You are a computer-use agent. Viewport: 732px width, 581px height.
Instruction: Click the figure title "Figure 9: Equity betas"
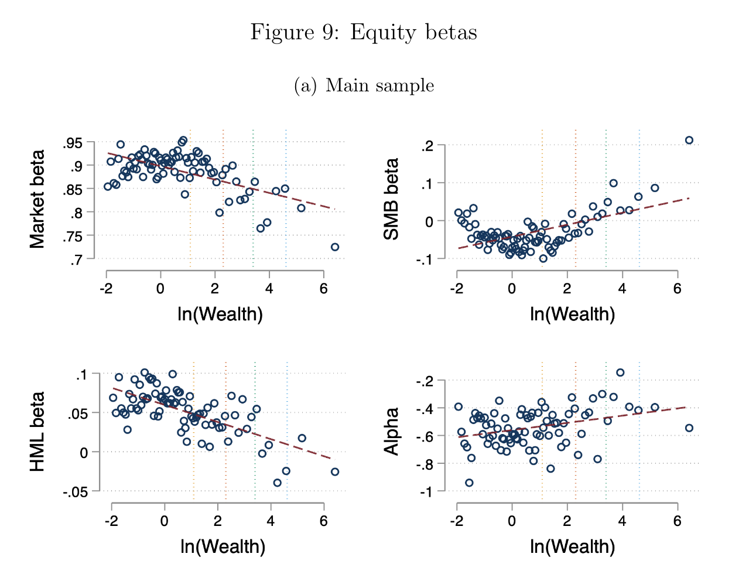364,32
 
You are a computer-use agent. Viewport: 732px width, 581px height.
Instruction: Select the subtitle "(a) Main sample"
364,86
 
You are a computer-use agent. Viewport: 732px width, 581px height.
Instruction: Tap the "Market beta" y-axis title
37,200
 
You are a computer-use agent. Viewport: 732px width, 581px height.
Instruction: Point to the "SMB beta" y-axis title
391,200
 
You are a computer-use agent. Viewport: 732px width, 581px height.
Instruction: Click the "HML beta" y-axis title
37,432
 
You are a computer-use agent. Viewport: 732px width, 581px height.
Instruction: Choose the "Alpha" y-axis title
391,432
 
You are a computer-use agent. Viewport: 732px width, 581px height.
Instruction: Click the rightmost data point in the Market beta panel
334,247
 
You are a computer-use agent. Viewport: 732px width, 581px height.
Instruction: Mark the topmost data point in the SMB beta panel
689,140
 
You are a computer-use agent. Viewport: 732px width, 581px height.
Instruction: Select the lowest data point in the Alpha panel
469,483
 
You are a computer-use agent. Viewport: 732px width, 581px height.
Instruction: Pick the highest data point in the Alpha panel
620,372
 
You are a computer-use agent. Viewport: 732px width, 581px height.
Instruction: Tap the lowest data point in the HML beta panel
277,483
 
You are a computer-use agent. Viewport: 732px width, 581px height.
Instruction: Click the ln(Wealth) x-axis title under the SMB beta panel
572,315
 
